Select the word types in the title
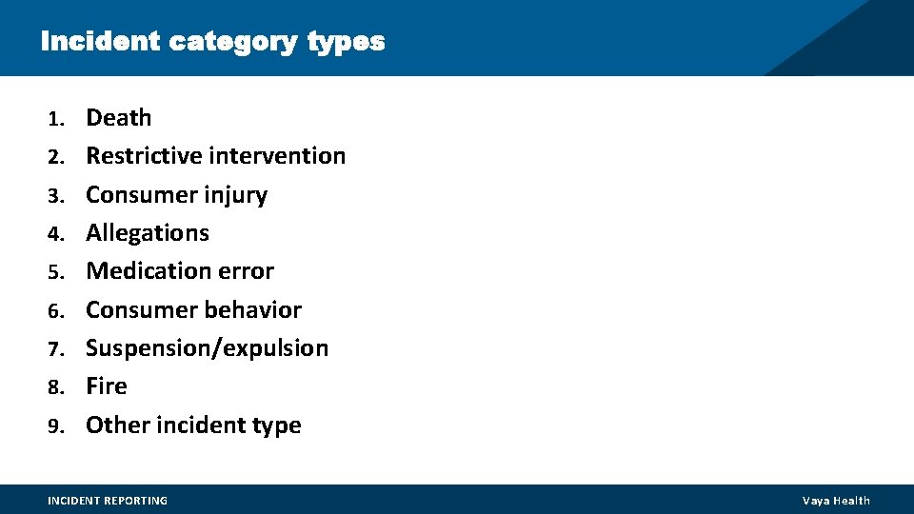347,43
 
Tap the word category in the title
234,43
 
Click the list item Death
119,118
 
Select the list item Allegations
148,233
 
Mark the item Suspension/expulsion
207,348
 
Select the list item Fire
107,386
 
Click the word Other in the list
112,425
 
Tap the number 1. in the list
56,119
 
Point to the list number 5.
56,272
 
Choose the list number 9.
56,426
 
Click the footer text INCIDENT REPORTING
108,501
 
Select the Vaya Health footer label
836,501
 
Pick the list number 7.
56,349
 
